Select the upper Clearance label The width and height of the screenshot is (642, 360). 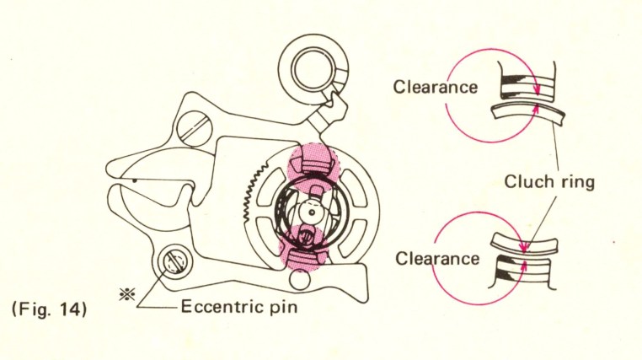[436, 86]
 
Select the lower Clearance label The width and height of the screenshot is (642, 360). [436, 259]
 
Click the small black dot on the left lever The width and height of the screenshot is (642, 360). [134, 179]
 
